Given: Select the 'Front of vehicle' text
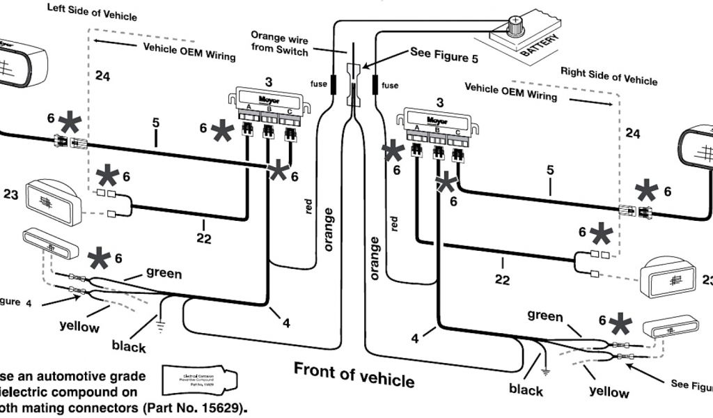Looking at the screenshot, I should (354, 374).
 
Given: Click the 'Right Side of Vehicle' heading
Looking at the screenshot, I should (609, 75).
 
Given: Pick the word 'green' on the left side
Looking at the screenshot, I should (164, 274).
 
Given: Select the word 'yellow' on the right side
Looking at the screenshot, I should (609, 392).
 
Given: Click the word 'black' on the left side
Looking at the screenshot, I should (129, 346).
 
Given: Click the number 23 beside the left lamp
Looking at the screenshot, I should (10, 196).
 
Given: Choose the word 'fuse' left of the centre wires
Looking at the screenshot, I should (318, 84).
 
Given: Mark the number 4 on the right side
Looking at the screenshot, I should (416, 339).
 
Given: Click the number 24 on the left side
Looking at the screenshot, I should (103, 77).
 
